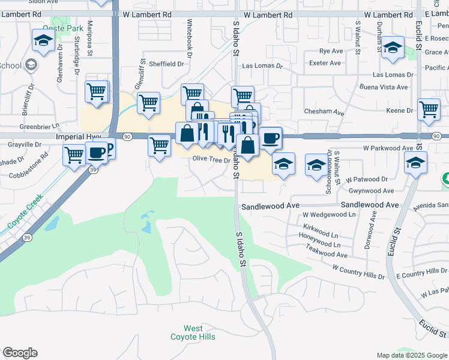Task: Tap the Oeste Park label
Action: [62, 28]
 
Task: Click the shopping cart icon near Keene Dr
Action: [429, 110]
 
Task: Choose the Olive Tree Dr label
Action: [211, 160]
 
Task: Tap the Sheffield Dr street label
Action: [166, 64]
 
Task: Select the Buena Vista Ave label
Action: [384, 87]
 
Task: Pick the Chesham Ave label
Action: [324, 112]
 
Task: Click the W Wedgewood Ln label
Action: [329, 214]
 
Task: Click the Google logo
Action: [20, 353]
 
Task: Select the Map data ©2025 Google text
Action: [412, 355]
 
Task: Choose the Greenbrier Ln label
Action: [40, 126]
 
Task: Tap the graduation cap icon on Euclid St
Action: [415, 163]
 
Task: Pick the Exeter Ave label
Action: [325, 62]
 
